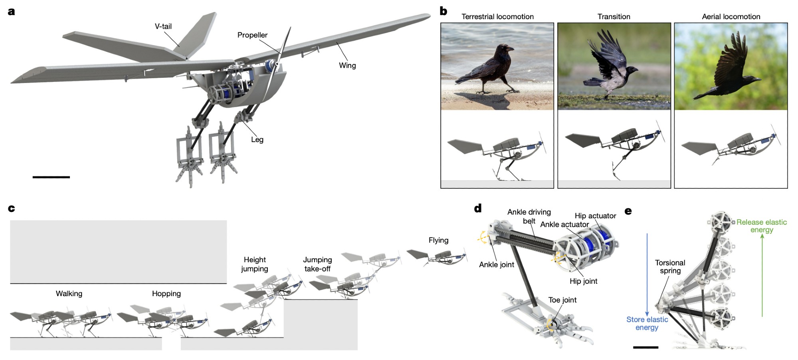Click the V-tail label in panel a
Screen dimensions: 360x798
click(x=163, y=26)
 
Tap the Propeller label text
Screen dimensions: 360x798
click(x=252, y=35)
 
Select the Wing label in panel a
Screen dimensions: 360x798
click(x=347, y=65)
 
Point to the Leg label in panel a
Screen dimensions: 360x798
click(x=257, y=140)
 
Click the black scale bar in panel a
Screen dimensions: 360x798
click(x=51, y=177)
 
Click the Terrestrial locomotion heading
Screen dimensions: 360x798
click(x=497, y=17)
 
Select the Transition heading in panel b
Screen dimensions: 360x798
click(x=614, y=17)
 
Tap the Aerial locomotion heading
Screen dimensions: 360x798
click(x=731, y=17)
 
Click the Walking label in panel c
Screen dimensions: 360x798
click(x=69, y=294)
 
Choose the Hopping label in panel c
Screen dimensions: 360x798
click(x=166, y=294)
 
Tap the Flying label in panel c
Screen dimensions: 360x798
click(x=438, y=240)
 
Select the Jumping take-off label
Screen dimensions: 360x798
click(x=317, y=264)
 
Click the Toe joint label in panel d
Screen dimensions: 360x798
click(x=562, y=300)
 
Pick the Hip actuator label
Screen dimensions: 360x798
click(x=595, y=216)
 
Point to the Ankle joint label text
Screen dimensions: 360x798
click(x=496, y=265)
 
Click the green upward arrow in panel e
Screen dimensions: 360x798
click(x=762, y=275)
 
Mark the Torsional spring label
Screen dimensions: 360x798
click(x=670, y=267)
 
